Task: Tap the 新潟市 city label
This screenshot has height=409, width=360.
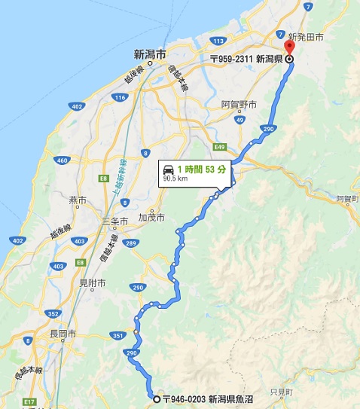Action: tap(149, 53)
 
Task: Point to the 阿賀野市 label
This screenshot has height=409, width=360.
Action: tap(239, 104)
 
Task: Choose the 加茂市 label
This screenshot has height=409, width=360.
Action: tap(151, 217)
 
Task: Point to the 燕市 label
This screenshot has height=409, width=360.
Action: tap(78, 200)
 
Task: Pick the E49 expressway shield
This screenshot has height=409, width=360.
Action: tap(219, 147)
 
